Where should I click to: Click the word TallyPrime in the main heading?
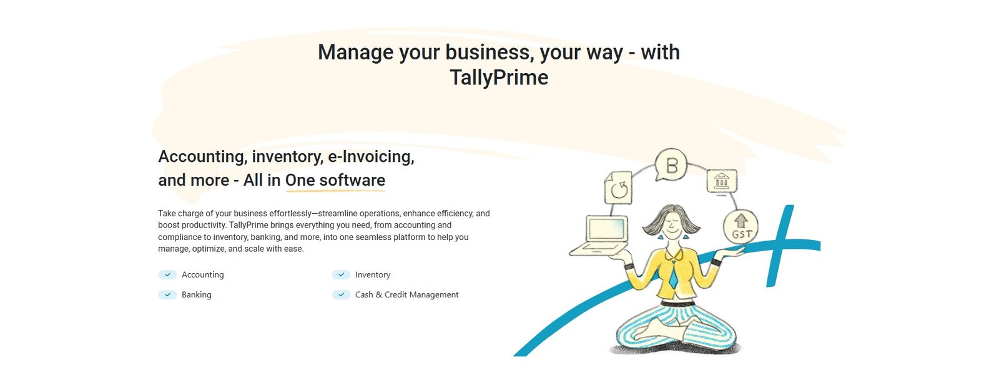[499, 77]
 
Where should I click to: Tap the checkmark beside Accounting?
[168, 274]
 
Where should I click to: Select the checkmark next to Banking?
[168, 295]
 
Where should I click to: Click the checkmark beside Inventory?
[341, 274]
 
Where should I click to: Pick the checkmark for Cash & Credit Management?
[341, 295]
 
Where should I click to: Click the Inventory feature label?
[372, 274]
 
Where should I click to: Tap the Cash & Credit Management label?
[406, 295]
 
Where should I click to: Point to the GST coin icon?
[741, 226]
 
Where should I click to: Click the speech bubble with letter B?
[671, 164]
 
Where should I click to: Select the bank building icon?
[722, 182]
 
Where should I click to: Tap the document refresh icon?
[619, 188]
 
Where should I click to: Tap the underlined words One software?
[335, 181]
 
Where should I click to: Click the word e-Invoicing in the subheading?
[371, 157]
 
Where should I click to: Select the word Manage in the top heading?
[356, 52]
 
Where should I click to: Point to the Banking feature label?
[196, 295]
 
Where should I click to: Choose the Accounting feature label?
[202, 275]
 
